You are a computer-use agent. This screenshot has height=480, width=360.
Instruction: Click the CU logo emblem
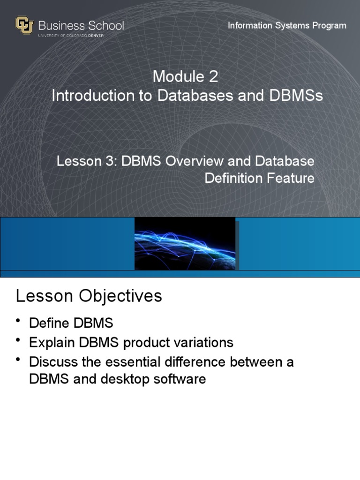[x=24, y=25]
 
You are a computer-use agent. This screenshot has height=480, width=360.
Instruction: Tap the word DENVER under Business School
[x=96, y=36]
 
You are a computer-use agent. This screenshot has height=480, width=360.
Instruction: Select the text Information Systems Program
[x=287, y=25]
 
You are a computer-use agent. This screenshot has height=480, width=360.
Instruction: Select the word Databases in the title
[x=195, y=95]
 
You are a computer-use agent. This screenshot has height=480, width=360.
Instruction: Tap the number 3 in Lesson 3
[x=110, y=161]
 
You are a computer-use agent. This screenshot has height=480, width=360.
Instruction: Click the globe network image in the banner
[x=185, y=244]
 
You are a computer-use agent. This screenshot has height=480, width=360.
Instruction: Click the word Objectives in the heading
[x=120, y=296]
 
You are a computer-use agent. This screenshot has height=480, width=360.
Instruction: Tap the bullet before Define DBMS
[x=18, y=320]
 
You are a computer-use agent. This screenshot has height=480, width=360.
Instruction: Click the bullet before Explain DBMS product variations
[x=18, y=340]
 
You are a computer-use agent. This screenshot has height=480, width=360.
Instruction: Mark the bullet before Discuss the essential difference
[x=18, y=360]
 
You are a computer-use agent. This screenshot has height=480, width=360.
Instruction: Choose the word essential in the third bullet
[x=133, y=362]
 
